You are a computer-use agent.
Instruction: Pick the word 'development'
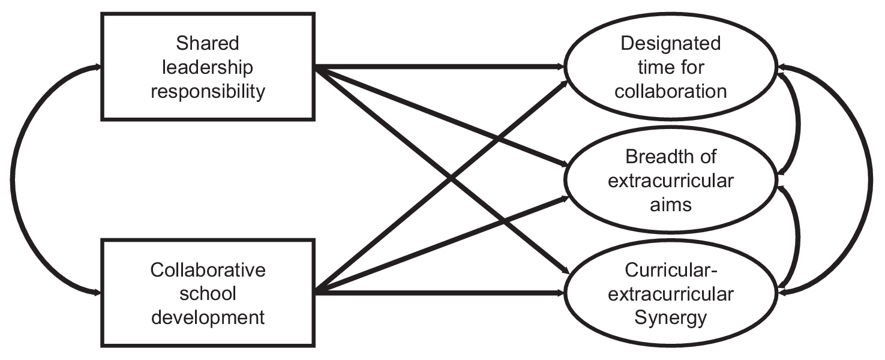pyautogui.click(x=208, y=317)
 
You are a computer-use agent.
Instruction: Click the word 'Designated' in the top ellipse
pyautogui.click(x=670, y=43)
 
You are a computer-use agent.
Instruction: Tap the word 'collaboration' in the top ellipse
pyautogui.click(x=670, y=91)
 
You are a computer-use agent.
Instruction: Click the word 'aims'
pyautogui.click(x=670, y=204)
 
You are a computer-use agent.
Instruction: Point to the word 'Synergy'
pyautogui.click(x=670, y=317)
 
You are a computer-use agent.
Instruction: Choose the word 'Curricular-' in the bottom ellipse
pyautogui.click(x=670, y=270)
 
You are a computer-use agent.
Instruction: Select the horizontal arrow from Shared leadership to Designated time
pyautogui.click(x=438, y=66)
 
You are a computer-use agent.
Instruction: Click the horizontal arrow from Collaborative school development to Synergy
pyautogui.click(x=438, y=293)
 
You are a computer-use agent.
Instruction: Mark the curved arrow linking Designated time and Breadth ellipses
pyautogui.click(x=799, y=123)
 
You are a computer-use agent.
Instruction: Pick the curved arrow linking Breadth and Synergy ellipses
pyautogui.click(x=799, y=237)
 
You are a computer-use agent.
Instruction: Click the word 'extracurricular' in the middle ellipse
pyautogui.click(x=670, y=181)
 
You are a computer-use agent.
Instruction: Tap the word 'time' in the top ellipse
pyautogui.click(x=653, y=67)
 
